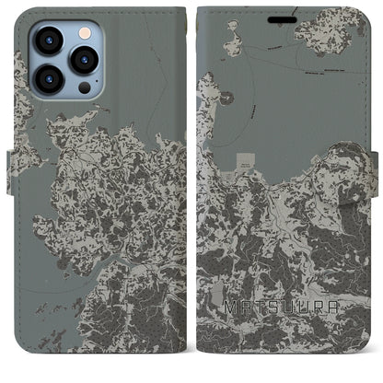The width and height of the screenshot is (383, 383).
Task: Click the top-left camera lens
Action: pos(48,41)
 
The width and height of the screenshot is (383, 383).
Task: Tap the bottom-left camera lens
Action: pos(48,76)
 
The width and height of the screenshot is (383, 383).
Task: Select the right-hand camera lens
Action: pos(85,59)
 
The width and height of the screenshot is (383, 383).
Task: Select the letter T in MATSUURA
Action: pos(261,327)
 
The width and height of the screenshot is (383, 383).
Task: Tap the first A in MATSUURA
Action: pos(245,327)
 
